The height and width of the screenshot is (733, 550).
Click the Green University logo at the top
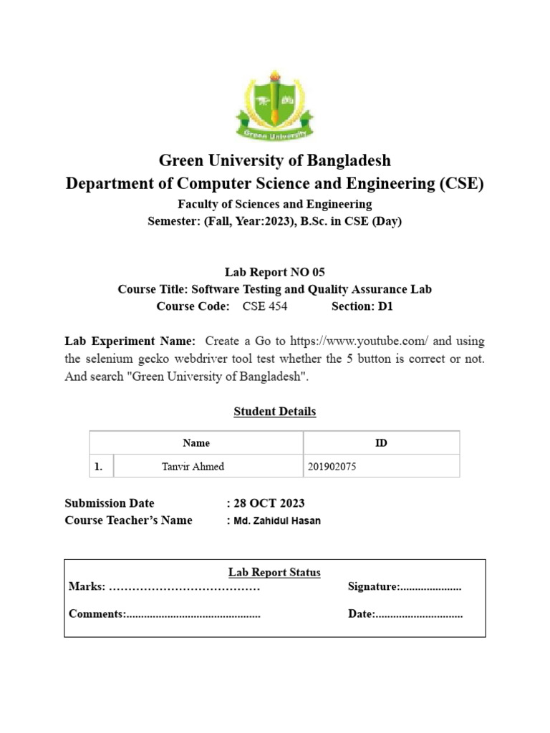pos(274,106)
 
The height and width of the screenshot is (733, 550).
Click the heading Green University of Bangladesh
pos(274,160)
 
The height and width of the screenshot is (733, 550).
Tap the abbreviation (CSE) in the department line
pos(460,184)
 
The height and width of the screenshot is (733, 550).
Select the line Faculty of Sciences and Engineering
pos(274,205)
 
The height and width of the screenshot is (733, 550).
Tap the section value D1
pos(387,307)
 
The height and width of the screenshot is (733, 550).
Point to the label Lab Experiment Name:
pos(130,341)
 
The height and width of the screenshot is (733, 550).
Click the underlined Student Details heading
pos(274,412)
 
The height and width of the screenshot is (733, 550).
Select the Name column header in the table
pos(196,443)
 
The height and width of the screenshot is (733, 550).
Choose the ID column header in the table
pos(381,443)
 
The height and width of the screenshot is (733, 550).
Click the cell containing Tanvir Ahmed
pos(193,467)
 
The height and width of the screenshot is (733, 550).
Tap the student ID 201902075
pos(332,467)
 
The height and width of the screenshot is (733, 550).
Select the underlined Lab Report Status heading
pos(274,572)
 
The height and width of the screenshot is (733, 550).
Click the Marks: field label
pos(87,587)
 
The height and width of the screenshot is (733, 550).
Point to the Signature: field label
pos(373,587)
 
